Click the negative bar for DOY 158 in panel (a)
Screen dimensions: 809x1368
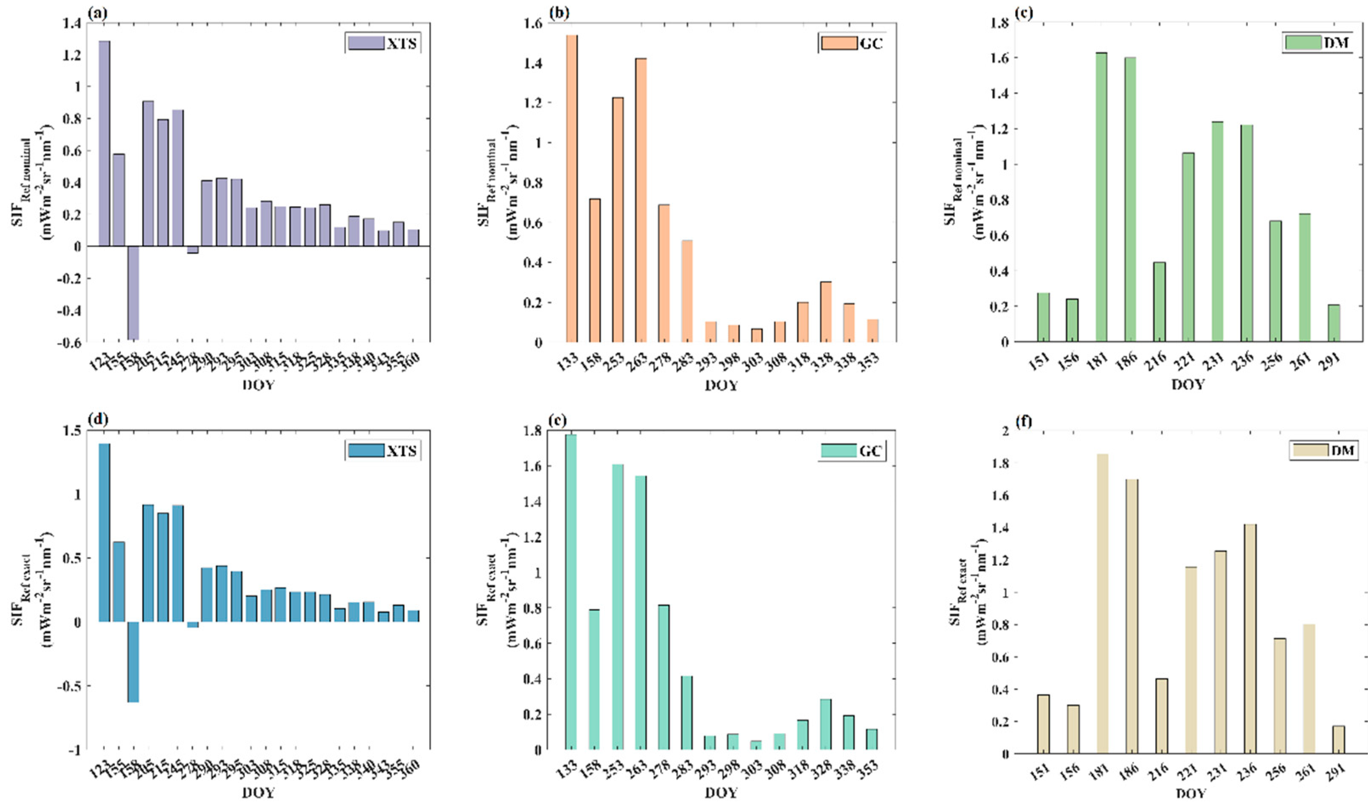click(x=133, y=293)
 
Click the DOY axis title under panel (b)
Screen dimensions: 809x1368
click(x=722, y=386)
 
